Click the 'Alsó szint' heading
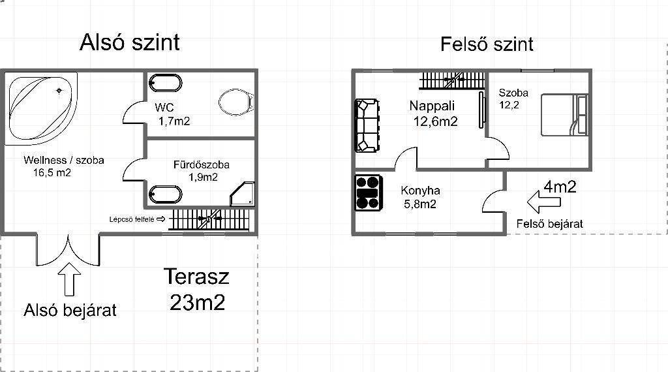130,42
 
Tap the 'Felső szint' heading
487,44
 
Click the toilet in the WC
236,102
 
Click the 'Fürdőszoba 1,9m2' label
202,170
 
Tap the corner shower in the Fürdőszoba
242,194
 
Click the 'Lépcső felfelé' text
132,219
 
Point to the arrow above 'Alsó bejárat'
69,279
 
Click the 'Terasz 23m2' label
197,290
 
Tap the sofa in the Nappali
367,126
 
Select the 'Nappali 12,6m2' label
434,114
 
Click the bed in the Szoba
564,115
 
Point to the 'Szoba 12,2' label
513,99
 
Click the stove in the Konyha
369,193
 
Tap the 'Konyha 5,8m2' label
420,197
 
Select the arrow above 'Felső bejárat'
543,202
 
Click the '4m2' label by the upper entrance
560,186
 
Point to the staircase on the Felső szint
453,80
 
